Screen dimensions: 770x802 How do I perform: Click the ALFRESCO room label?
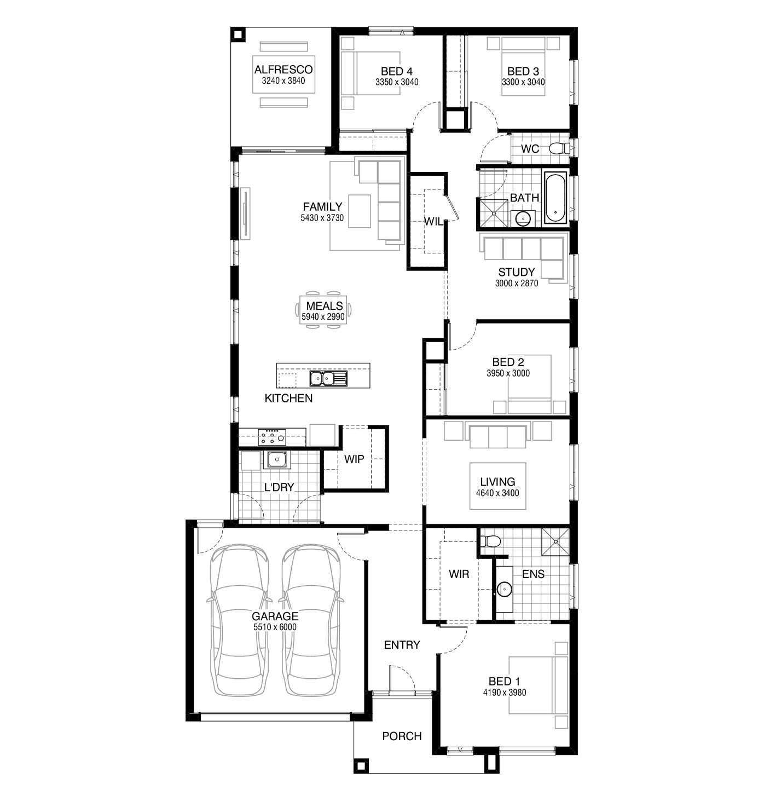point(283,70)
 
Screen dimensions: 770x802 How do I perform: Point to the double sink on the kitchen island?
point(328,378)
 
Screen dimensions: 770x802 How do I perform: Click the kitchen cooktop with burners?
point(272,437)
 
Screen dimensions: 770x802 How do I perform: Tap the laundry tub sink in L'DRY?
point(277,459)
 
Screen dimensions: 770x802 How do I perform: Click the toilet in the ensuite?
point(490,540)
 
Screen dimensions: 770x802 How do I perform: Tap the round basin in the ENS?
point(504,589)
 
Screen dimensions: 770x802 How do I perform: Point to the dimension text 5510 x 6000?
point(275,627)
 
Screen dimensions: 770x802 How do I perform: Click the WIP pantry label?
point(354,459)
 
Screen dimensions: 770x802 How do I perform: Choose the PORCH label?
point(402,736)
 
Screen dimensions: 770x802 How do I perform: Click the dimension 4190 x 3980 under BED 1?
point(504,693)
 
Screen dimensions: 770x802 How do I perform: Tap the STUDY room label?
point(516,272)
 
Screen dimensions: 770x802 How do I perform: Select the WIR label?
point(459,574)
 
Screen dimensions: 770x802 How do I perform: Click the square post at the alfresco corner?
point(238,34)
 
